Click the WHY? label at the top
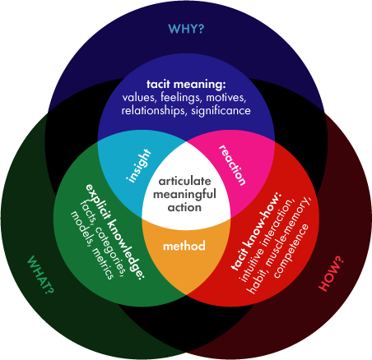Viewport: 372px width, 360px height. (x=186, y=29)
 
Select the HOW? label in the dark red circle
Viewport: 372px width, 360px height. (x=331, y=274)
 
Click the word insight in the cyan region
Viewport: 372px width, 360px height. (x=139, y=165)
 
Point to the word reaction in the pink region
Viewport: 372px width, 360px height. (x=233, y=165)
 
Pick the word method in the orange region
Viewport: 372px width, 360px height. (x=184, y=246)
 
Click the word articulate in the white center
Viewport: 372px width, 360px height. (x=184, y=181)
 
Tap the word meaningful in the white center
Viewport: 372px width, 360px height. (x=184, y=195)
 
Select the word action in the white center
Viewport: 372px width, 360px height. (x=184, y=207)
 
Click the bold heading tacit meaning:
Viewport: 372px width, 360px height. (x=186, y=84)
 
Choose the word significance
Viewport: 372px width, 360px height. (x=221, y=111)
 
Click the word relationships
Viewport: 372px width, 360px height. (x=153, y=111)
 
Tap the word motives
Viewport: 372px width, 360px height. (x=226, y=98)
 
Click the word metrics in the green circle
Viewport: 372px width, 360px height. (x=102, y=264)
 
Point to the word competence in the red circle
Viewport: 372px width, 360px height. (x=291, y=251)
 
